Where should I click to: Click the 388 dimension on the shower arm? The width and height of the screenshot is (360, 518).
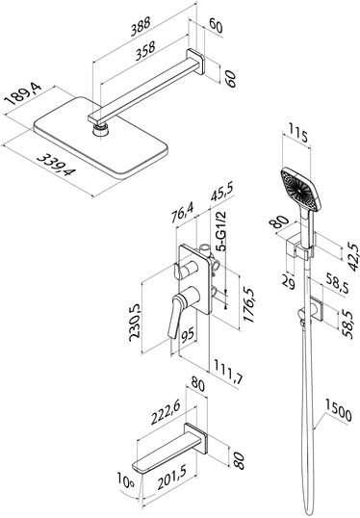[141, 26]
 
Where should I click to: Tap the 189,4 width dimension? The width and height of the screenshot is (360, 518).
[23, 94]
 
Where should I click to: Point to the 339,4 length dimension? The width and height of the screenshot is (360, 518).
[57, 165]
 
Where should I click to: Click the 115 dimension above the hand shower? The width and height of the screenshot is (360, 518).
[298, 132]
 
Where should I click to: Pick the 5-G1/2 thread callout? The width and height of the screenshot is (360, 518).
[221, 232]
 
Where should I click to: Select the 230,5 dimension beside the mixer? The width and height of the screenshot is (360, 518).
[135, 323]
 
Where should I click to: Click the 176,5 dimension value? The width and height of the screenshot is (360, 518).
[248, 305]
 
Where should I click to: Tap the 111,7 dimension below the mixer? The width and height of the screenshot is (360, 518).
[228, 371]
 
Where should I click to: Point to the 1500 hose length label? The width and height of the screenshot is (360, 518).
[339, 409]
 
